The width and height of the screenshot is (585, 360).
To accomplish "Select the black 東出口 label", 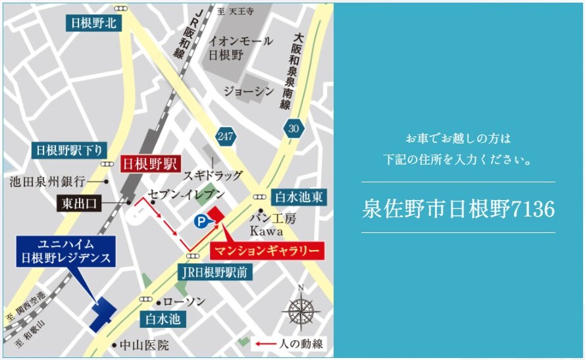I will pos(80,203).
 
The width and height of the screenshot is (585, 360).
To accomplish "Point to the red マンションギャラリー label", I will pos(267,251).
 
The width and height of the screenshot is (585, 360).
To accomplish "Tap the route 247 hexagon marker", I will pos(224,136).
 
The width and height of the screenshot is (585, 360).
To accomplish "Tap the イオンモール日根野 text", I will pos(240,48).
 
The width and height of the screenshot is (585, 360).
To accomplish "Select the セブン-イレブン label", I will pos(187,195).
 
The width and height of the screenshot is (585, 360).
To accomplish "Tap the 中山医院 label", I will pos(144,345).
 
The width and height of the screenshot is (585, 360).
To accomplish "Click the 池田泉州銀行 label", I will pos(48,180).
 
